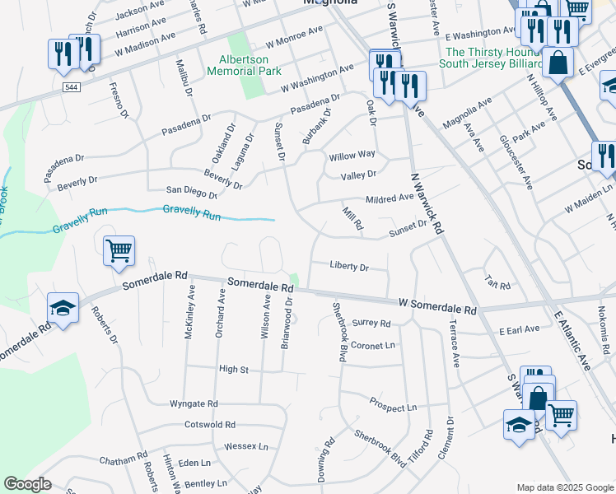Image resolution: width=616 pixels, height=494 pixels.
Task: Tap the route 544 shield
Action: [68, 85]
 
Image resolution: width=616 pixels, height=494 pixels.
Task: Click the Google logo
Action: [27, 484]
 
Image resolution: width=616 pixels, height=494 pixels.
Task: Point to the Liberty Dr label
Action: [348, 267]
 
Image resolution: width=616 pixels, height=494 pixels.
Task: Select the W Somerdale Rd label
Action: [436, 306]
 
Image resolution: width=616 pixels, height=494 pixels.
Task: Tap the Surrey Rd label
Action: [371, 324]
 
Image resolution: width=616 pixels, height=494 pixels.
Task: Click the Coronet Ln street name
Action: [373, 346]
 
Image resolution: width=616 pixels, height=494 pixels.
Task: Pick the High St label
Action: [233, 370]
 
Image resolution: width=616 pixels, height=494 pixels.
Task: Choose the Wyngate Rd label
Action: [194, 404]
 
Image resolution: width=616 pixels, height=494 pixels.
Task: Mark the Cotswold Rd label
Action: [210, 425]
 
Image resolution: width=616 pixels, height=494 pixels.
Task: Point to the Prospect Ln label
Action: [393, 408]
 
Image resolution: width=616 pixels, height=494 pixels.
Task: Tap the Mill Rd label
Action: [352, 219]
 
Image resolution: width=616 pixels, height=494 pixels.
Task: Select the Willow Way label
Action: [352, 155]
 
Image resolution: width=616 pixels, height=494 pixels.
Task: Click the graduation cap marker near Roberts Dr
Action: [63, 309]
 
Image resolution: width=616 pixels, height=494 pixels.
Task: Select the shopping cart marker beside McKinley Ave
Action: [119, 250]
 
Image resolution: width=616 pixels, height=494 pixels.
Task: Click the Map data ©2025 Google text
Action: [563, 487]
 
